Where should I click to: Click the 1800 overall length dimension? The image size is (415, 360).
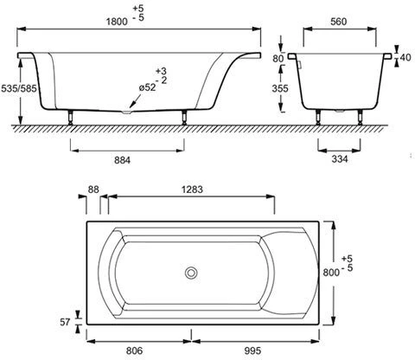click(x=117, y=22)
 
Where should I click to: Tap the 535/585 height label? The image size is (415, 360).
click(x=19, y=88)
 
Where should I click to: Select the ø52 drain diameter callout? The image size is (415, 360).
click(x=148, y=87)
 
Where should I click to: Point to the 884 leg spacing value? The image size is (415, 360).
click(x=122, y=160)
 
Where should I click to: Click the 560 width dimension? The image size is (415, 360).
click(x=339, y=22)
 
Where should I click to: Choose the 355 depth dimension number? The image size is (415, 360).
click(x=280, y=88)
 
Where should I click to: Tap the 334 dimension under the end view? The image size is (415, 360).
click(x=340, y=158)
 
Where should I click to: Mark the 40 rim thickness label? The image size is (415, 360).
click(x=405, y=57)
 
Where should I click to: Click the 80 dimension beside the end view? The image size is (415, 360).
click(x=278, y=59)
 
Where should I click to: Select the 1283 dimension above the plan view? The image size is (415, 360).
click(x=192, y=190)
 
